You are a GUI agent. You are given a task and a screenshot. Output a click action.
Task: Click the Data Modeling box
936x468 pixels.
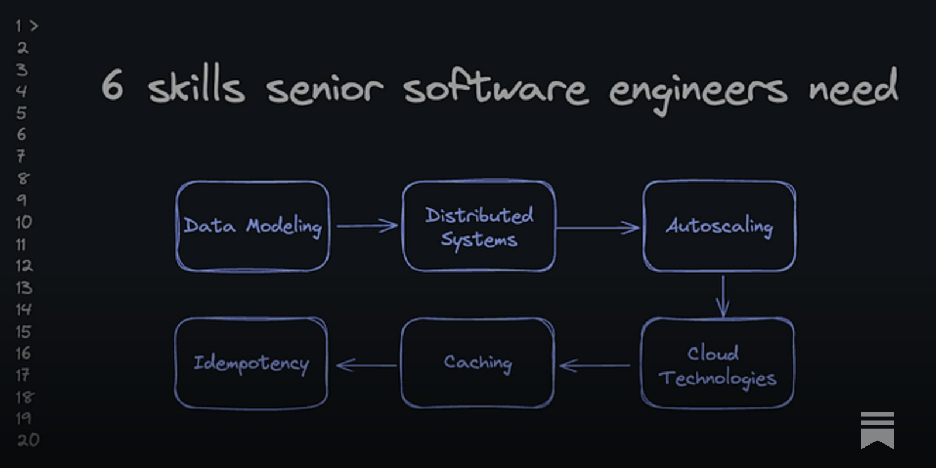click(x=253, y=226)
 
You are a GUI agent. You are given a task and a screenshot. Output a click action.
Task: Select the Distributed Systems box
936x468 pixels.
click(x=479, y=226)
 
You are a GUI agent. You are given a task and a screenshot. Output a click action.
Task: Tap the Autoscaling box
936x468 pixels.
click(x=719, y=226)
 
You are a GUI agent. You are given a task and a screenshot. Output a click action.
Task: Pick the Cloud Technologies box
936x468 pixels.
click(x=717, y=363)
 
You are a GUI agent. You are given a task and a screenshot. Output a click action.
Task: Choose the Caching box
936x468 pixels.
click(x=477, y=363)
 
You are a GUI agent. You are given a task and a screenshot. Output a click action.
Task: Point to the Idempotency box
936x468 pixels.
click(x=251, y=363)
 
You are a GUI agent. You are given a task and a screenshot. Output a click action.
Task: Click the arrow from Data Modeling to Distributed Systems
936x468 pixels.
click(x=367, y=225)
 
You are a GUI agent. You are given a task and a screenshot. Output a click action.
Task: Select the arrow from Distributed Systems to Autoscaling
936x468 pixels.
click(x=598, y=228)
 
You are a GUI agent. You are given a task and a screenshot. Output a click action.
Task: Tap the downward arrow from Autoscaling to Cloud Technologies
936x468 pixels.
click(x=723, y=296)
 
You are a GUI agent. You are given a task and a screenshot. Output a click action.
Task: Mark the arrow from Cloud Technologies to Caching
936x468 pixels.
click(x=596, y=366)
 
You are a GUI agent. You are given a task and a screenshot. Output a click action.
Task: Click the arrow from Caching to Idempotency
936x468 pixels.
click(x=367, y=366)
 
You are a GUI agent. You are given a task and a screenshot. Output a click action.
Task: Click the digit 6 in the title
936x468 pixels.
click(x=112, y=85)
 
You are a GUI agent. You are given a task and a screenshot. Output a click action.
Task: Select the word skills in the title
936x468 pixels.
click(x=196, y=87)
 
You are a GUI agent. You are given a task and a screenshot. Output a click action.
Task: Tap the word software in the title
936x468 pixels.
click(x=495, y=88)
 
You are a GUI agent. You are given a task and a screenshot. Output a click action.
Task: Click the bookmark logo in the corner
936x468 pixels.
click(x=877, y=430)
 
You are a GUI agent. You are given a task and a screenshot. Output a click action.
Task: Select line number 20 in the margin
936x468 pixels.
click(x=27, y=440)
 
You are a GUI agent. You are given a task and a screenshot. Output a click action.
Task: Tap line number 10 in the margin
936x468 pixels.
click(x=23, y=222)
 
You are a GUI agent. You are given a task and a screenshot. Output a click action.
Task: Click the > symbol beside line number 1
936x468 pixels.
click(x=34, y=26)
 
